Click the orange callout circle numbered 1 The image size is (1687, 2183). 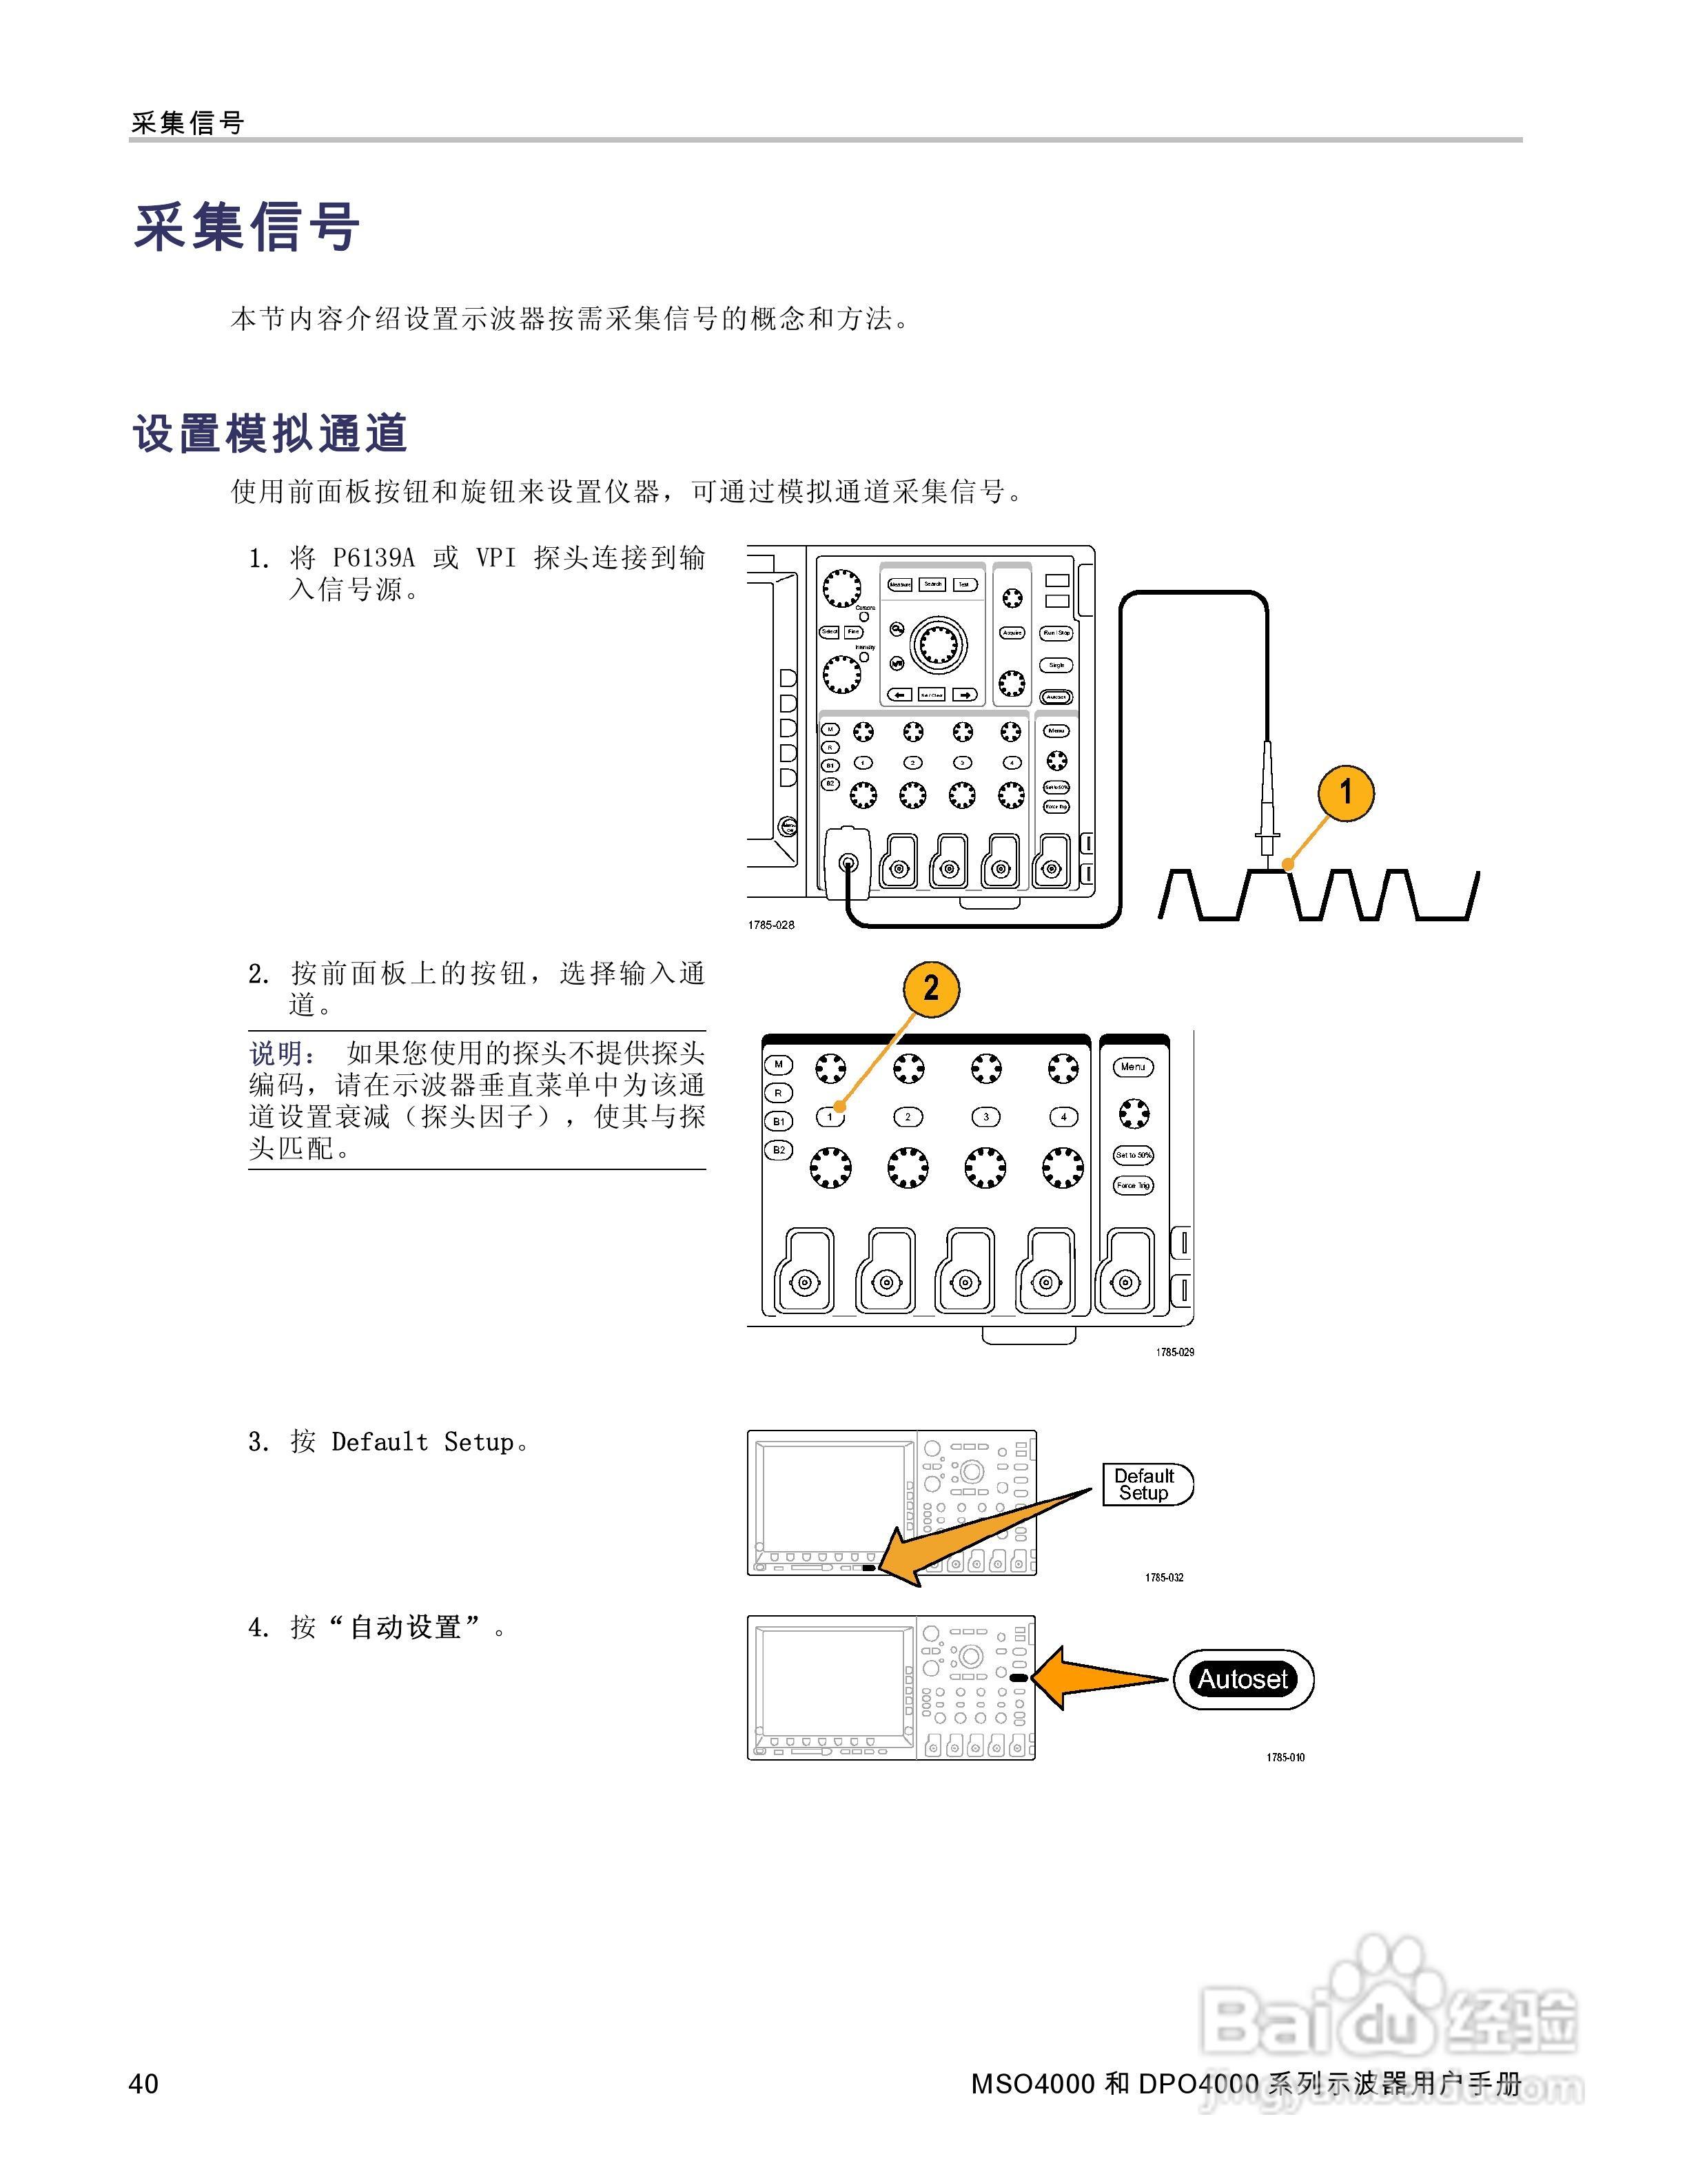click(1345, 792)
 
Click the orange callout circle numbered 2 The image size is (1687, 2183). click(930, 989)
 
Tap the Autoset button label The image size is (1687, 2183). click(1243, 1679)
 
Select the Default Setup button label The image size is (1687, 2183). click(1145, 1484)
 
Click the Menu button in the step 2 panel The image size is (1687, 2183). click(1132, 1067)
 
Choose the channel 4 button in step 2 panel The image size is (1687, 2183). click(1063, 1116)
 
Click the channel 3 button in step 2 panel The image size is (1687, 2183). click(985, 1116)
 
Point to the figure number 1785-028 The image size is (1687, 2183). click(770, 925)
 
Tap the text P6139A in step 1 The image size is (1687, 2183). click(373, 557)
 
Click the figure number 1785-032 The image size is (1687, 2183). click(1163, 1577)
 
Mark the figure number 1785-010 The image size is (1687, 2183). click(1285, 1757)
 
